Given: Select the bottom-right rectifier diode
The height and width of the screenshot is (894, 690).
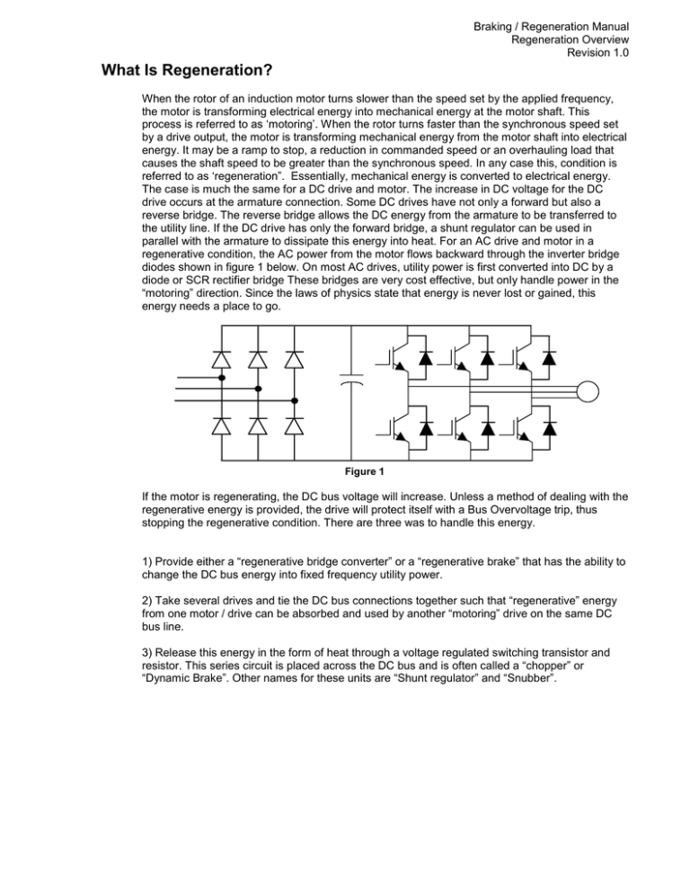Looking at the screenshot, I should (295, 423).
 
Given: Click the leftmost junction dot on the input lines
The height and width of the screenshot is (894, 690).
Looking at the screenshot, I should (222, 378).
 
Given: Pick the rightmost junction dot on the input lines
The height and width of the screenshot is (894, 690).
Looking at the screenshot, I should (295, 401).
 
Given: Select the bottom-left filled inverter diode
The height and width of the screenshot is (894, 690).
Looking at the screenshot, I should (427, 425).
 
